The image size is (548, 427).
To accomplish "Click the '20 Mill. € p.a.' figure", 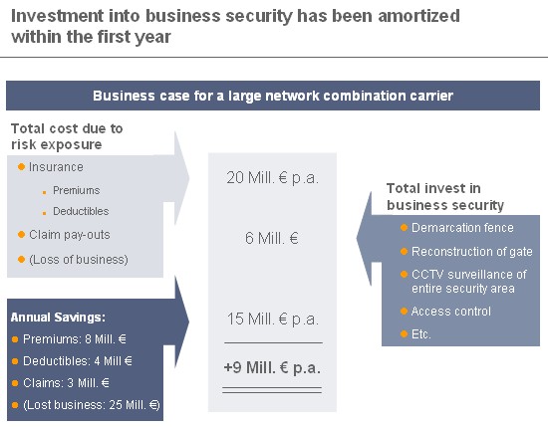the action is coord(272,178).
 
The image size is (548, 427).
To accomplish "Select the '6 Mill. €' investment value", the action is coord(272,239).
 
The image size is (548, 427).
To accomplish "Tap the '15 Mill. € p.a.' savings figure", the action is coord(273,319).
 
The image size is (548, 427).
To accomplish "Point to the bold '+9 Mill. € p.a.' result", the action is coord(272,367).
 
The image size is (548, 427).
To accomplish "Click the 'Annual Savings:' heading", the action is coord(58,318).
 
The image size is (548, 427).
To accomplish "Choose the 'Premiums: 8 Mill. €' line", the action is coord(75,339).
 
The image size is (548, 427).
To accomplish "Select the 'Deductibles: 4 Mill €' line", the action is coord(78,360).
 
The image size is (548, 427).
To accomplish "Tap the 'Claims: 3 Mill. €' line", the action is coord(66,382).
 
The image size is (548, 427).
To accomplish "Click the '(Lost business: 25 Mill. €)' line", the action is coord(92,405).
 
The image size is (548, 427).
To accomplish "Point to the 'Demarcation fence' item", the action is coord(462,228).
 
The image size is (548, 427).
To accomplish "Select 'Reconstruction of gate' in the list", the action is coord(472,252).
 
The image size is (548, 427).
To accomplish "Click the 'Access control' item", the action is coord(450,312).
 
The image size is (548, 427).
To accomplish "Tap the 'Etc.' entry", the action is coord(420,334).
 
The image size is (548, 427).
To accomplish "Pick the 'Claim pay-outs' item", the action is coord(70,235).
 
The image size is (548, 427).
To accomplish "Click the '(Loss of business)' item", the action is coord(79,260).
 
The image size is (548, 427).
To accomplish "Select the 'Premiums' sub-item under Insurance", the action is coord(76,190).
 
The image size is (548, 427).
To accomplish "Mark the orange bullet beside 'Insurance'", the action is coord(21,167).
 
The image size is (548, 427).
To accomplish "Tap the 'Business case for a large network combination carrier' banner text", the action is coord(273,96).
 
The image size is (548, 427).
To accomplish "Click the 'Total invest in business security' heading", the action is coord(445,196).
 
